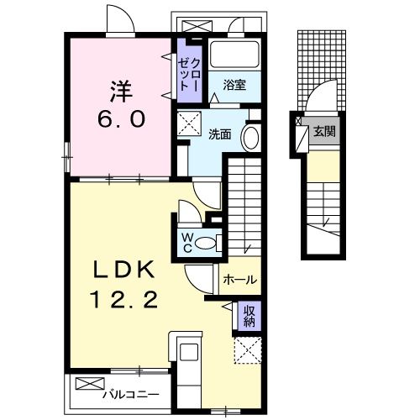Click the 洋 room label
coord(121,91)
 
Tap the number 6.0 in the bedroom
coord(122,118)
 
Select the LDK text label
coord(123,270)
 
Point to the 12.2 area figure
coord(123,299)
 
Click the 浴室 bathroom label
coord(234,85)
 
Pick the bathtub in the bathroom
coord(234,54)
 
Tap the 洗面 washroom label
coord(220,134)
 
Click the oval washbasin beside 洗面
coord(250,139)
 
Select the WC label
coord(186,243)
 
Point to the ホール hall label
coord(240,280)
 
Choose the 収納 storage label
coord(249,316)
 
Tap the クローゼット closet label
coord(189,75)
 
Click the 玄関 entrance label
coord(324,131)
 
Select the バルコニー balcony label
coord(131,395)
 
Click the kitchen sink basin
coord(189,352)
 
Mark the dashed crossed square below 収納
coord(248,350)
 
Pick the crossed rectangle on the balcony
coord(90,384)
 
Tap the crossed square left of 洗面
coord(189,123)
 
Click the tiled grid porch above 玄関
coord(322,70)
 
